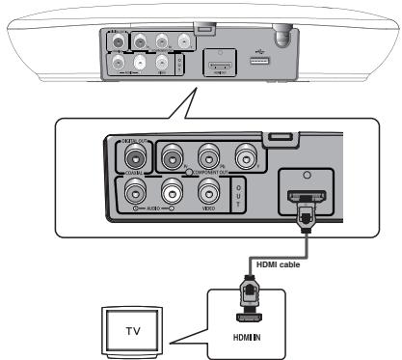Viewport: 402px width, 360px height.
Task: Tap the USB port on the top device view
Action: coord(259,61)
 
